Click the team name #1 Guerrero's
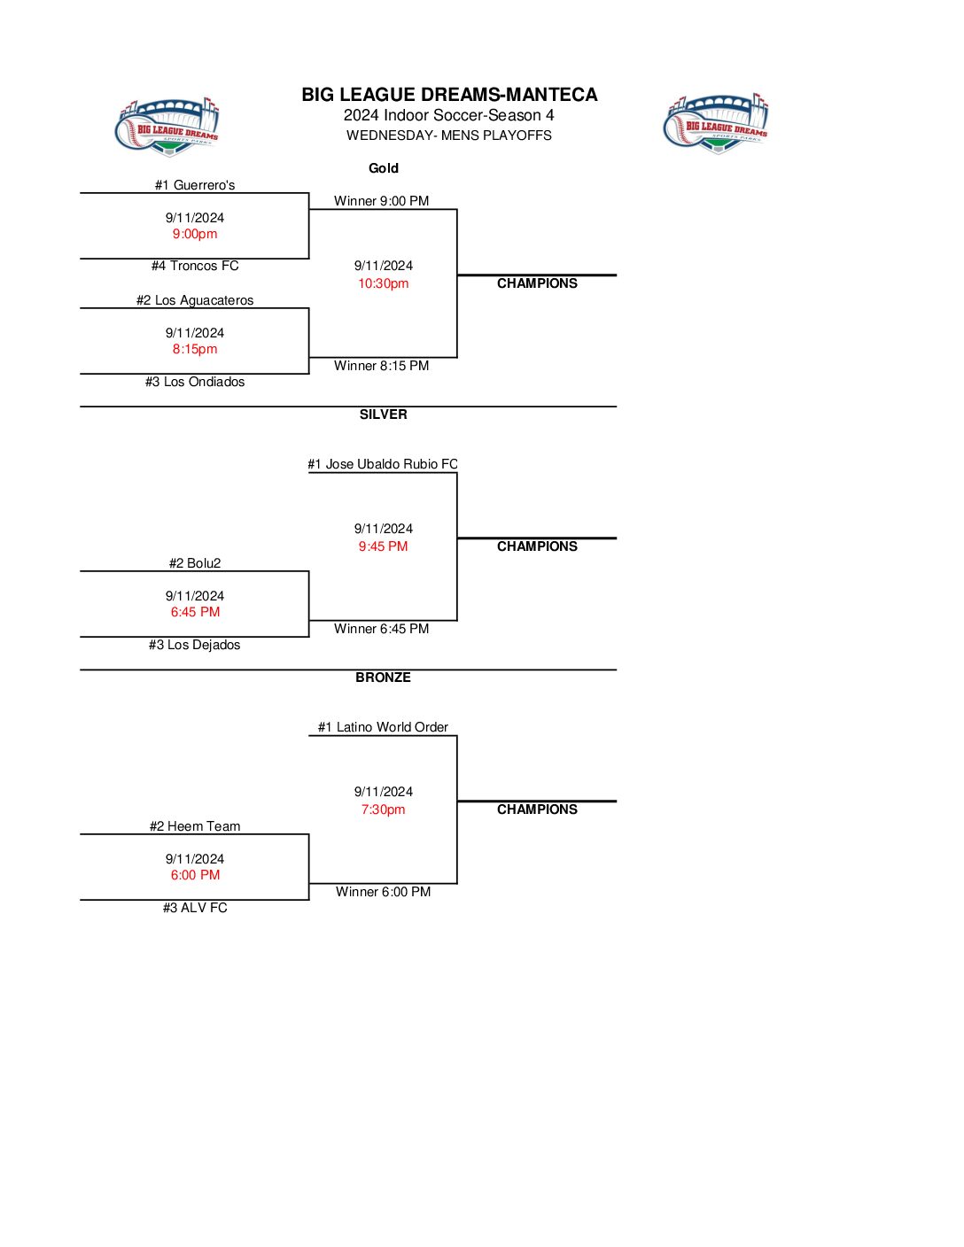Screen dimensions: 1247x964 [x=195, y=185]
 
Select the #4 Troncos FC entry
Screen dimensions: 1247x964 [x=195, y=266]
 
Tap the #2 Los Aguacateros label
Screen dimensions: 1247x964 [x=195, y=300]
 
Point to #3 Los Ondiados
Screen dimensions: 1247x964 [x=195, y=382]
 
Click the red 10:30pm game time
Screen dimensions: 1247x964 [x=384, y=283]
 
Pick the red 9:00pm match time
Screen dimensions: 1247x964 [x=195, y=234]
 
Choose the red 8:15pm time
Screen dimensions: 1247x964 [x=195, y=349]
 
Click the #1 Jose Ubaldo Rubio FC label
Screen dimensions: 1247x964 [x=383, y=464]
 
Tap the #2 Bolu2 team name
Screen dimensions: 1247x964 [x=195, y=563]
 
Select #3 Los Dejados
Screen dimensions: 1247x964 [x=195, y=645]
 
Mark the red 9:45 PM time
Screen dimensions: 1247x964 [x=384, y=546]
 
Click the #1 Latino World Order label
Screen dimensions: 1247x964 [x=383, y=727]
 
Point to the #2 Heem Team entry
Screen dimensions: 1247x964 [x=195, y=826]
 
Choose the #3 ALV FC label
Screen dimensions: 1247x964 [x=195, y=908]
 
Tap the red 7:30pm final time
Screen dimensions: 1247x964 [x=384, y=809]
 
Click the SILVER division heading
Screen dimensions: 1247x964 [x=384, y=414]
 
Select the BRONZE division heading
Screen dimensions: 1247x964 [x=384, y=678]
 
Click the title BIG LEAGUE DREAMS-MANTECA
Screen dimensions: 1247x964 [x=449, y=95]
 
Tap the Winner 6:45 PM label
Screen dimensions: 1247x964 [x=382, y=629]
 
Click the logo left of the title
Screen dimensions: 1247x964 [x=168, y=127]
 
